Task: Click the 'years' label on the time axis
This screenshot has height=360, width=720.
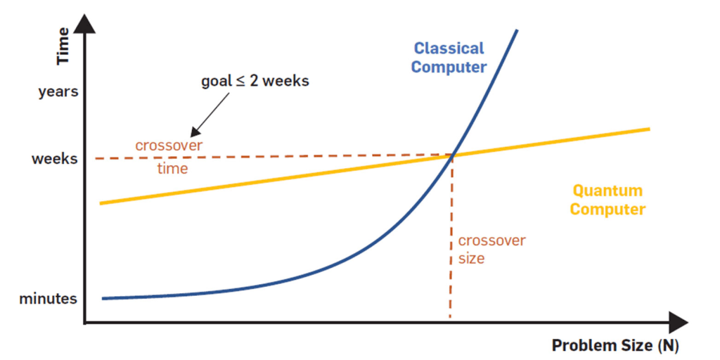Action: click(x=58, y=92)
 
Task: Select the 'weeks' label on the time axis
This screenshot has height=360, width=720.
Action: click(x=55, y=160)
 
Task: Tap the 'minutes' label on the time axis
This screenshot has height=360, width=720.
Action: click(x=49, y=299)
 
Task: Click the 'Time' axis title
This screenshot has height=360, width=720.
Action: click(x=63, y=46)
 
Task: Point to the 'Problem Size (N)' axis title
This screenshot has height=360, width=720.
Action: click(x=615, y=345)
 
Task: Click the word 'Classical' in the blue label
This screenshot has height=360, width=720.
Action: click(x=449, y=48)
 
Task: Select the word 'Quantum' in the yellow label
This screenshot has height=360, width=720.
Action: click(x=607, y=191)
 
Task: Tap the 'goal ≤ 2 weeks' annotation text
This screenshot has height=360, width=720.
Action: click(x=255, y=82)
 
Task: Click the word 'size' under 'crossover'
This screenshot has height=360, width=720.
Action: click(x=471, y=259)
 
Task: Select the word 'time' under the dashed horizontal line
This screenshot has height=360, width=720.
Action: click(x=173, y=169)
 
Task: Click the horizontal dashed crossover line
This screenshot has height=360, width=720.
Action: click(x=274, y=157)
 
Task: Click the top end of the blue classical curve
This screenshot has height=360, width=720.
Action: click(x=517, y=31)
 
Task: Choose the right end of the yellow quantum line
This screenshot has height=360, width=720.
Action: click(x=649, y=129)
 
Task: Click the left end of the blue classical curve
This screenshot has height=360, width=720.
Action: click(x=103, y=298)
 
